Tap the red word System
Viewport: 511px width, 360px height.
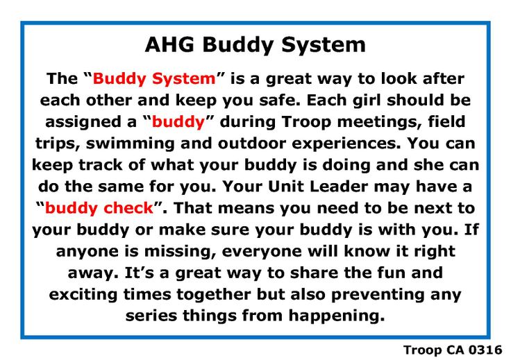pyautogui.click(x=184, y=79)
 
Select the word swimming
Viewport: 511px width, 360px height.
pyautogui.click(x=130, y=144)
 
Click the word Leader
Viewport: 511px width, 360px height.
pyautogui.click(x=339, y=187)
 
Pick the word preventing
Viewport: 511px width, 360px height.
pyautogui.click(x=378, y=295)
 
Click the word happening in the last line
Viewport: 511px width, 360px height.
pyautogui.click(x=336, y=316)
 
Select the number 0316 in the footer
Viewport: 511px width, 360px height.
pyautogui.click(x=485, y=350)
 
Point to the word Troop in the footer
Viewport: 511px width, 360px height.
pyautogui.click(x=423, y=350)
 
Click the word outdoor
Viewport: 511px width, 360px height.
pyautogui.click(x=252, y=144)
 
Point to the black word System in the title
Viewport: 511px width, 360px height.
pyautogui.click(x=324, y=45)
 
